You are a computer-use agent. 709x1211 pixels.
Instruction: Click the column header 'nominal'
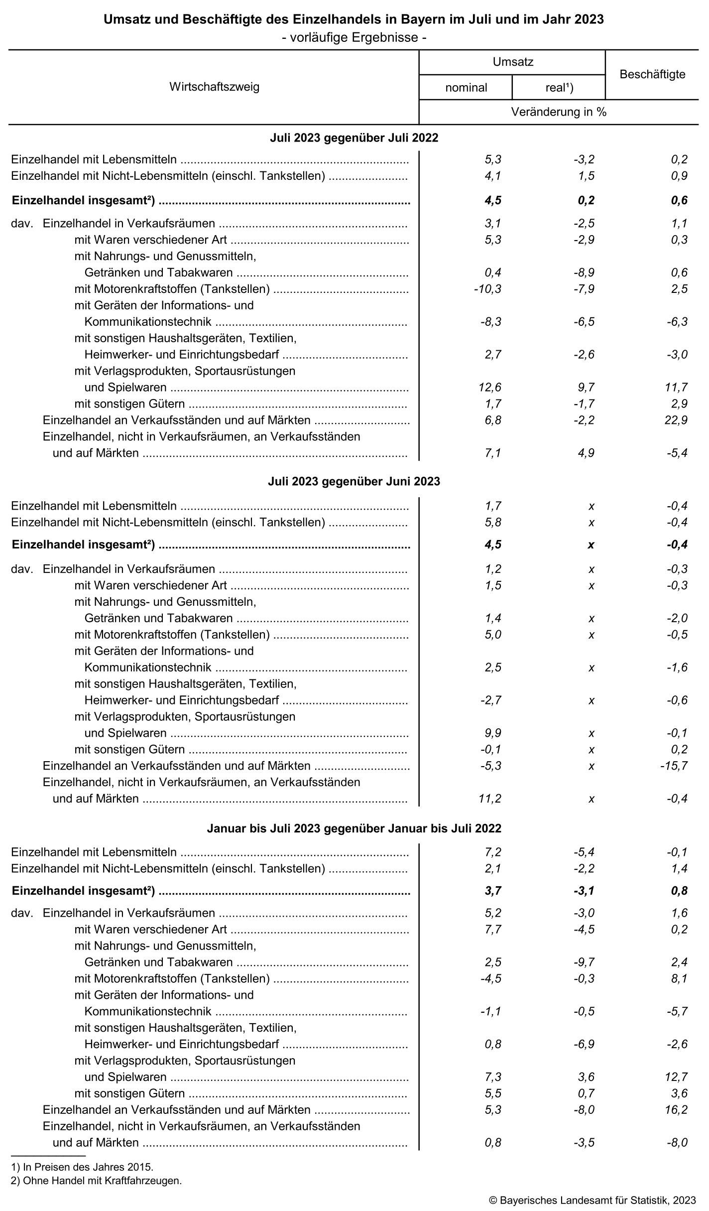coord(466,88)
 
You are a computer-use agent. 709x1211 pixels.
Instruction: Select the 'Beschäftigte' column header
coord(652,75)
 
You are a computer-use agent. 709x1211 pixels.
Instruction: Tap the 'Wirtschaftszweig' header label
coord(214,87)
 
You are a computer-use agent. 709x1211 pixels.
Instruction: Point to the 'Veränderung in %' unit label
coord(559,112)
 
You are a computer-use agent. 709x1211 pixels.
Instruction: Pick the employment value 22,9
coord(676,420)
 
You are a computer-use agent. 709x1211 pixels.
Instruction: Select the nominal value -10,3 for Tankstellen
coord(488,289)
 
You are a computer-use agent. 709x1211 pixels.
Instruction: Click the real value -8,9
coord(584,272)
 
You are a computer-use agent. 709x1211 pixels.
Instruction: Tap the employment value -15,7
coord(674,766)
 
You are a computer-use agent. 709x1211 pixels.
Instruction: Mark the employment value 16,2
coord(676,1110)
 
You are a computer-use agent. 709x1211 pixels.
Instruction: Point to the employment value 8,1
coord(679,978)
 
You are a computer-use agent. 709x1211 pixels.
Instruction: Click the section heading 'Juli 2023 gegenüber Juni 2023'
coord(354,481)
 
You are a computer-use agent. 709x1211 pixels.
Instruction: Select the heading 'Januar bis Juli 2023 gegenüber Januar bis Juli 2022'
coord(354,828)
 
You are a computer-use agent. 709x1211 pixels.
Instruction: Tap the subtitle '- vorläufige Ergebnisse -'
coord(354,37)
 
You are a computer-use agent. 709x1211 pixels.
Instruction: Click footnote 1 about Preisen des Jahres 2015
coord(82,1167)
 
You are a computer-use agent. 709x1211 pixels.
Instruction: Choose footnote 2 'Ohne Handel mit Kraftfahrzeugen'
coord(96,1181)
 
